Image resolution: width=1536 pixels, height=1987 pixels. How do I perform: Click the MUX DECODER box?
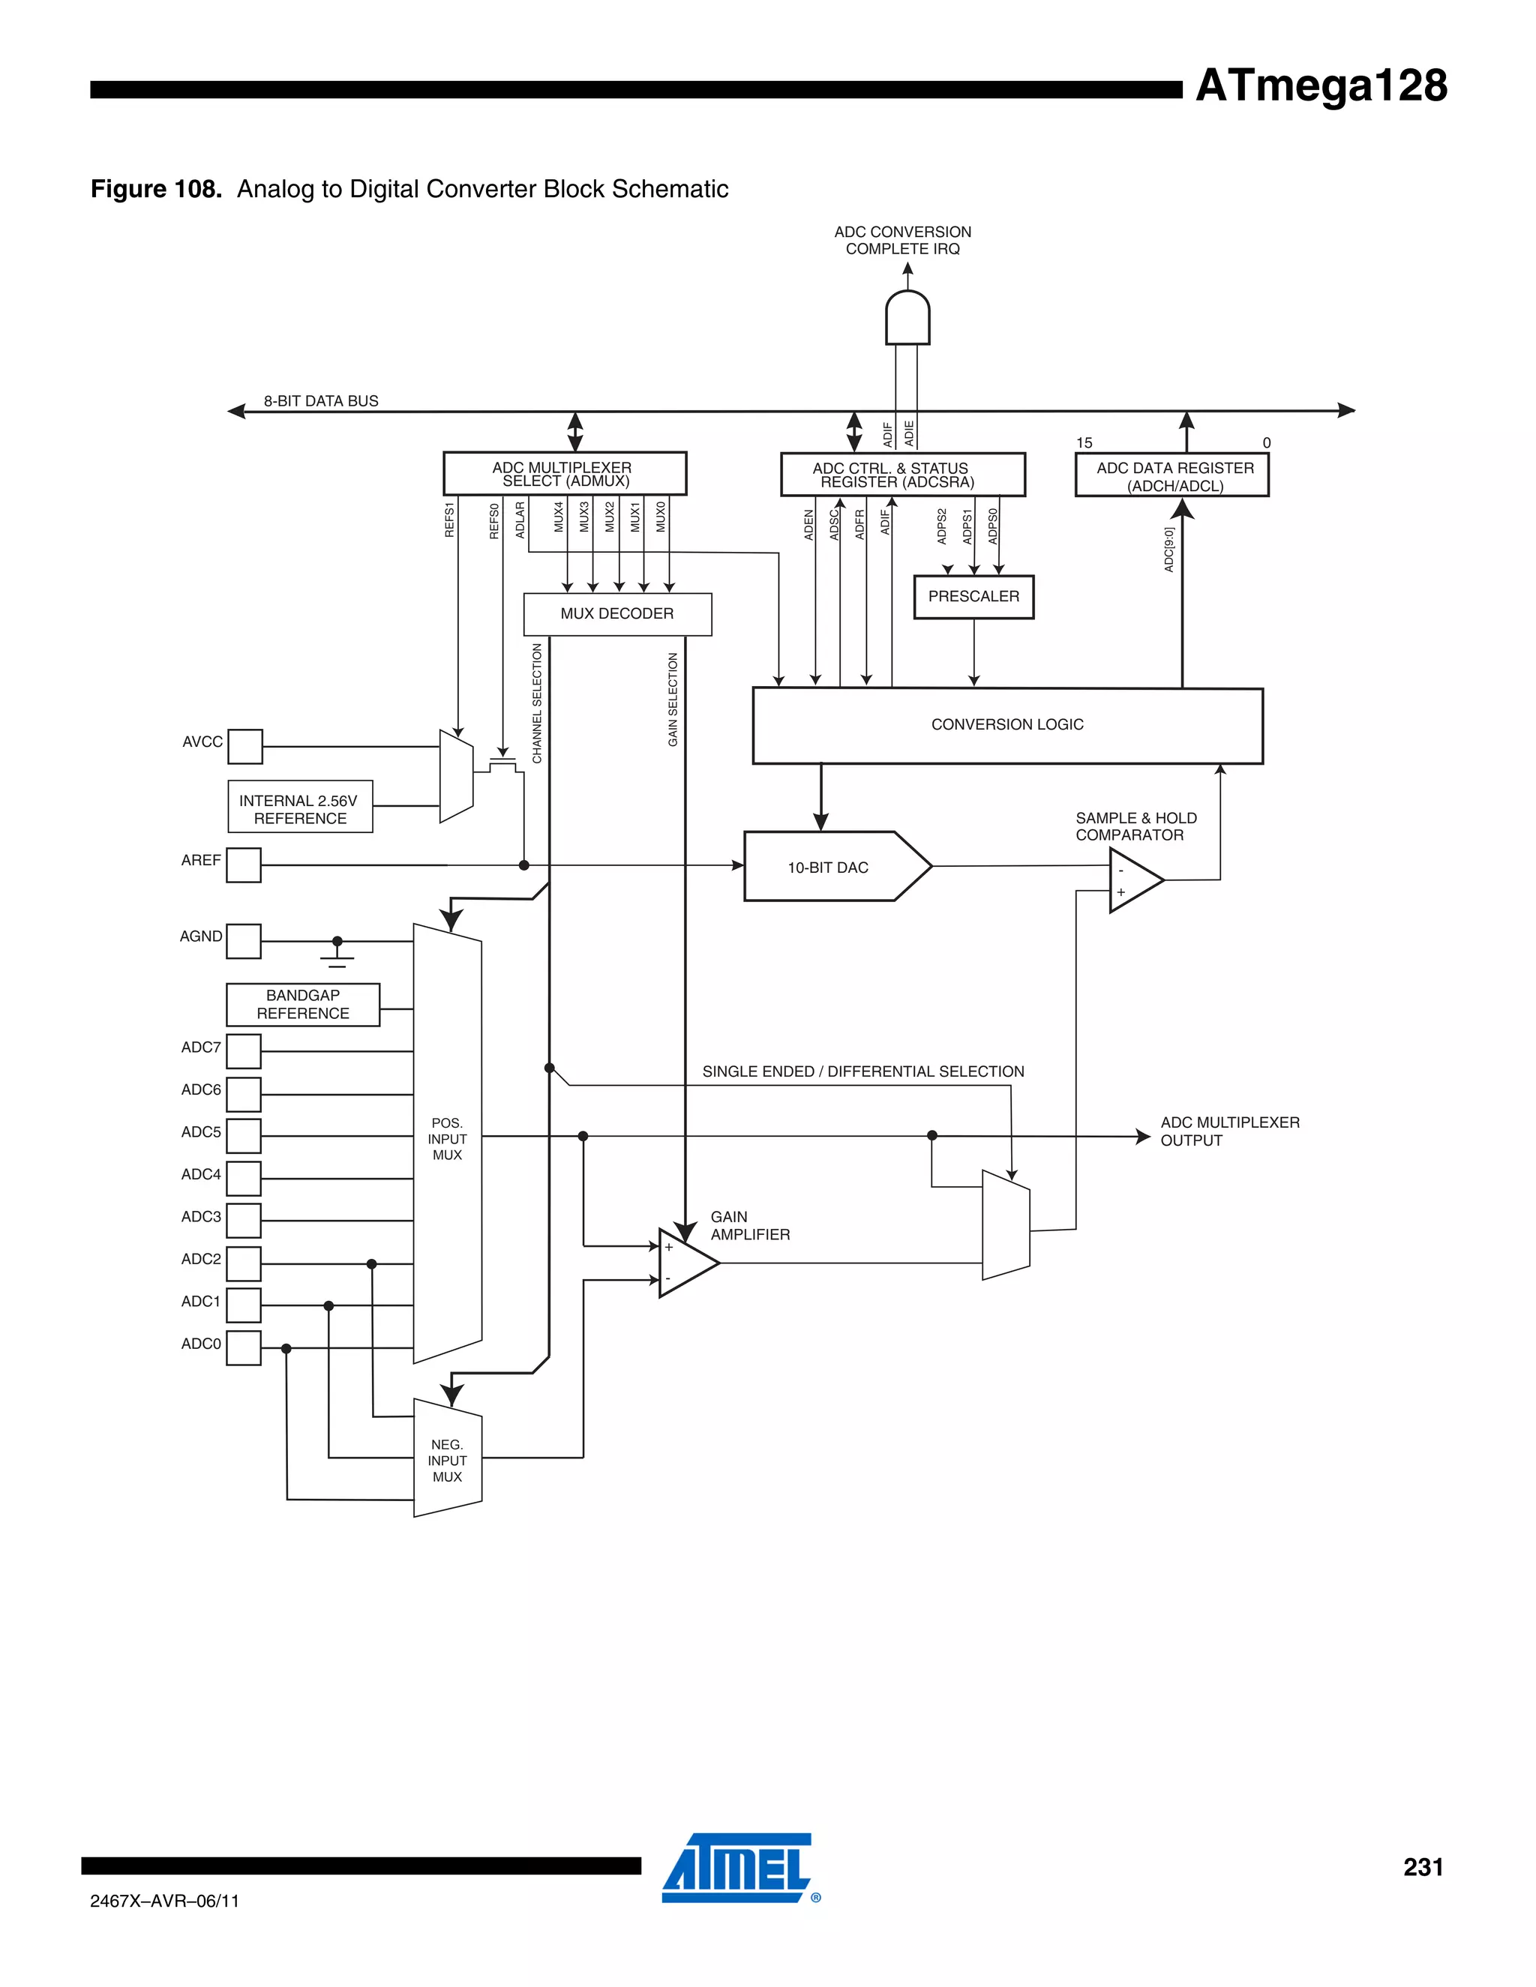pyautogui.click(x=617, y=614)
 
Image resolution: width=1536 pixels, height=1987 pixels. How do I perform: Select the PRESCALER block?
pyautogui.click(x=973, y=597)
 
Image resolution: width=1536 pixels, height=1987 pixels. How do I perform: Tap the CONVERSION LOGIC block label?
pyautogui.click(x=1006, y=724)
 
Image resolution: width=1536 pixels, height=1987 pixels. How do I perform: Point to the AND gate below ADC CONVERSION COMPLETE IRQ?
pyautogui.click(x=907, y=319)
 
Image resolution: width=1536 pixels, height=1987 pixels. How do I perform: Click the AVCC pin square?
pyautogui.click(x=244, y=746)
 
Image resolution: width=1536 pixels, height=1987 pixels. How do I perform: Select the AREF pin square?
pyautogui.click(x=243, y=865)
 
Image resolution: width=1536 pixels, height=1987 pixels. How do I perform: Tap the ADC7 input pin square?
pyautogui.click(x=243, y=1050)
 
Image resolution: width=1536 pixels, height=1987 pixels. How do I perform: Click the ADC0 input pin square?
pyautogui.click(x=243, y=1347)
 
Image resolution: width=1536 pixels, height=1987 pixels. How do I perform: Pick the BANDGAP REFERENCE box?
pyautogui.click(x=302, y=1005)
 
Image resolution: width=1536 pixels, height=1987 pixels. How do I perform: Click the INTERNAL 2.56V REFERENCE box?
pyautogui.click(x=299, y=807)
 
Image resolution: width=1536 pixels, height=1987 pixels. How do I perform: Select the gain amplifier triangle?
pyautogui.click(x=685, y=1263)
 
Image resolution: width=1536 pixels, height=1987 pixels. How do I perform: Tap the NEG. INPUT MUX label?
pyautogui.click(x=447, y=1460)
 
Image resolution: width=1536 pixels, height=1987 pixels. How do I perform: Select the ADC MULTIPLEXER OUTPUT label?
pyautogui.click(x=1228, y=1131)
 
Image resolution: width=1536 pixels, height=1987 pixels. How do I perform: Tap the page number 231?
pyautogui.click(x=1422, y=1867)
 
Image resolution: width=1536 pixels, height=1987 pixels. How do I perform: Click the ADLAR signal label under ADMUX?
pyautogui.click(x=520, y=520)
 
